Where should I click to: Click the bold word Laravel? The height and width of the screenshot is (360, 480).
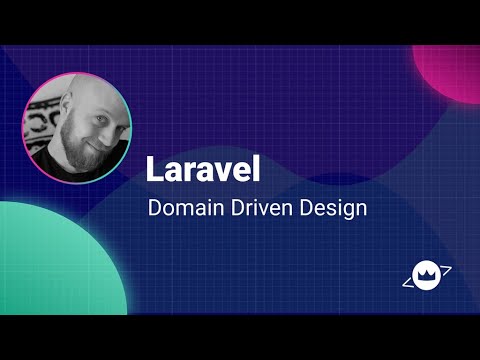pos(202,168)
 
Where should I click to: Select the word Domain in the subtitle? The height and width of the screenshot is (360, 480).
pos(180,210)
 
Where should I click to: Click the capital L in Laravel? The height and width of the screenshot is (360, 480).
pos(154,168)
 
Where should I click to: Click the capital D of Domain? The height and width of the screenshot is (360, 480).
pos(154,210)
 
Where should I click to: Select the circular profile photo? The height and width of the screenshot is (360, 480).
pos(76,124)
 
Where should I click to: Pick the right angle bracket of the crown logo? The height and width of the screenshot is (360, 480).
pos(446,269)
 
